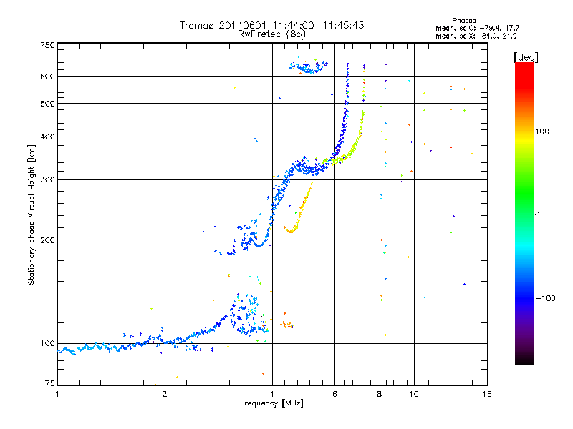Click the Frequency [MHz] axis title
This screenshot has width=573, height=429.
(271, 403)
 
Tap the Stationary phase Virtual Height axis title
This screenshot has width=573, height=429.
(32, 214)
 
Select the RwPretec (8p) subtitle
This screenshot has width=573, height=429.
(271, 34)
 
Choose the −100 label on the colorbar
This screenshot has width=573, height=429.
(544, 297)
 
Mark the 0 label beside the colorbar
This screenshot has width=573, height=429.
(538, 214)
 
